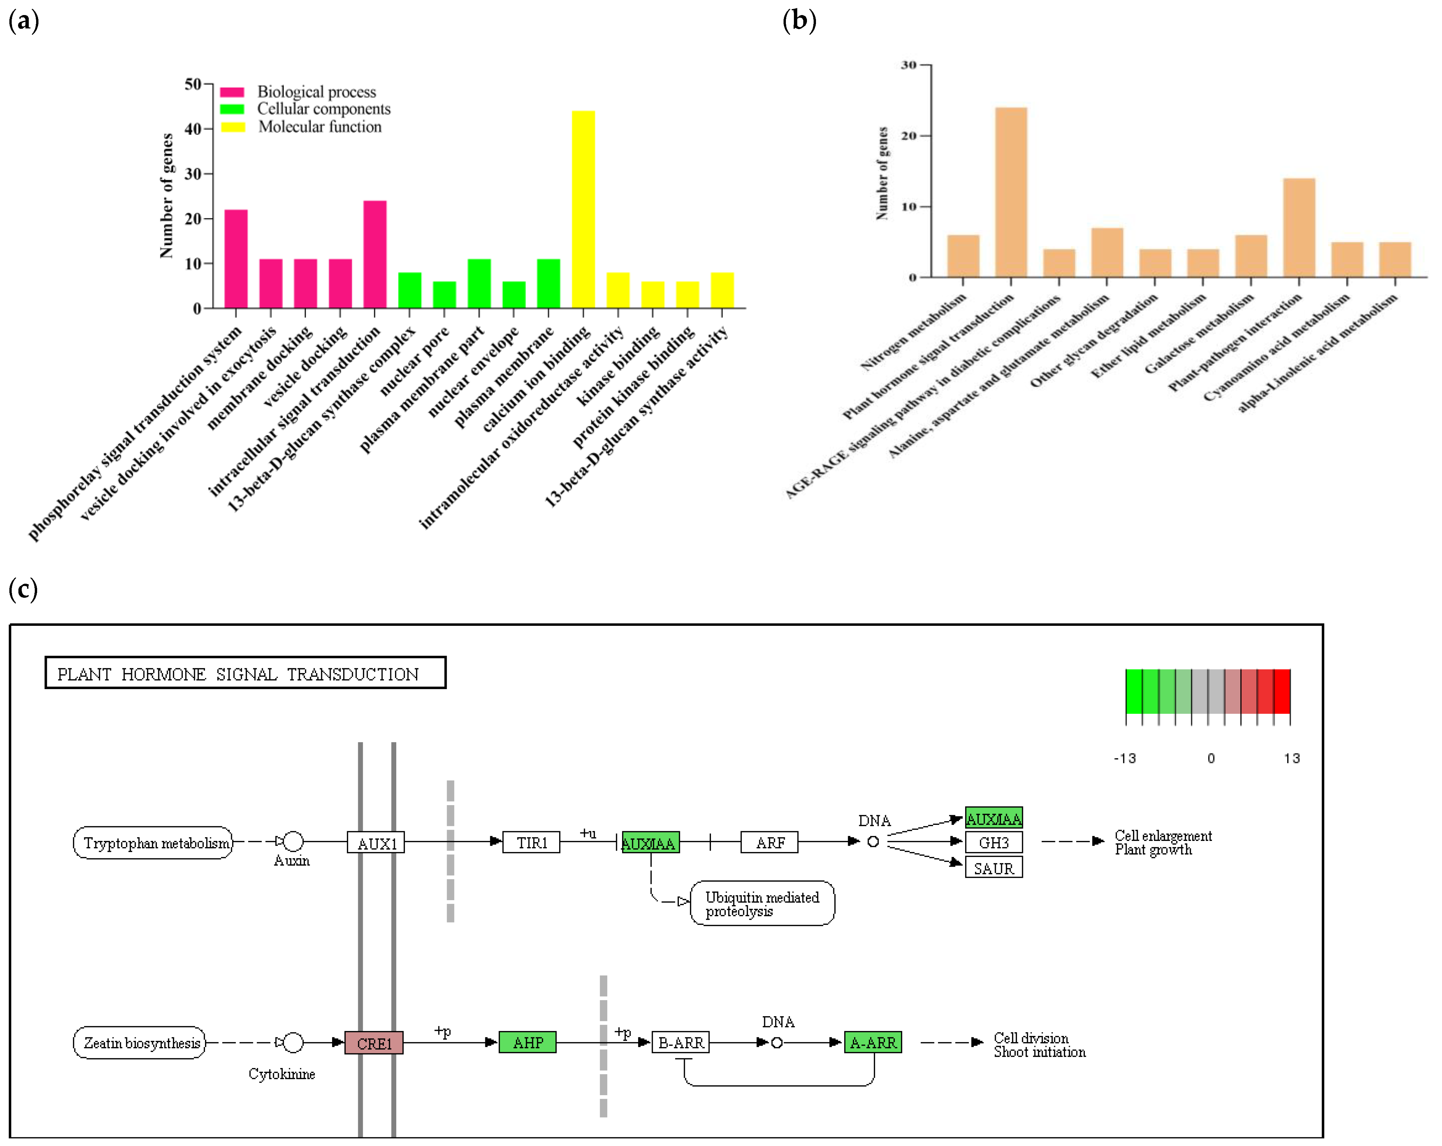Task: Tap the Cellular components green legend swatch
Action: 232,109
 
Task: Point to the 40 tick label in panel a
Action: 193,128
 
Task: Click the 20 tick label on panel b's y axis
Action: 908,136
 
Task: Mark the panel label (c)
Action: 23,589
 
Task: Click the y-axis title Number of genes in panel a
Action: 167,195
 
